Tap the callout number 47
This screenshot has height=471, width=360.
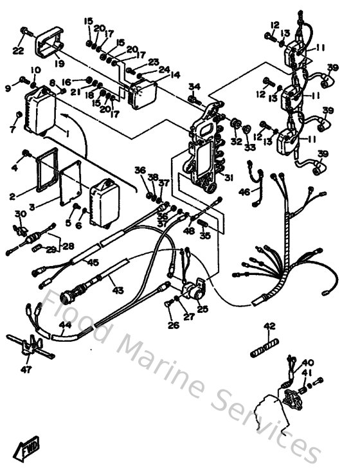(x=26, y=370)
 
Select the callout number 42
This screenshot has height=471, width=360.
(x=269, y=326)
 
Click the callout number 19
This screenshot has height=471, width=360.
(x=59, y=64)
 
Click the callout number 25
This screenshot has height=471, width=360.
(x=203, y=309)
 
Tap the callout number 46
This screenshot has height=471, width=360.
(x=244, y=191)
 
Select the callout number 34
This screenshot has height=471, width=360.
(x=195, y=86)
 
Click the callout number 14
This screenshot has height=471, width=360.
(x=175, y=75)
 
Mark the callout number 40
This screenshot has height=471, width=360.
(x=309, y=363)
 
